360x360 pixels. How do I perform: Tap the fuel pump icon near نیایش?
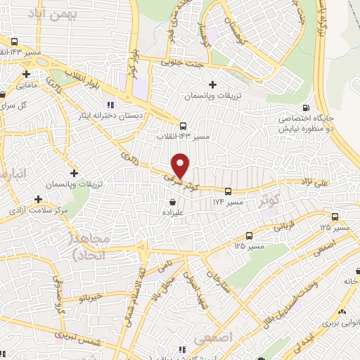[305, 108]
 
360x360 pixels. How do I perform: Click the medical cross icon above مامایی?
[26, 73]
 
